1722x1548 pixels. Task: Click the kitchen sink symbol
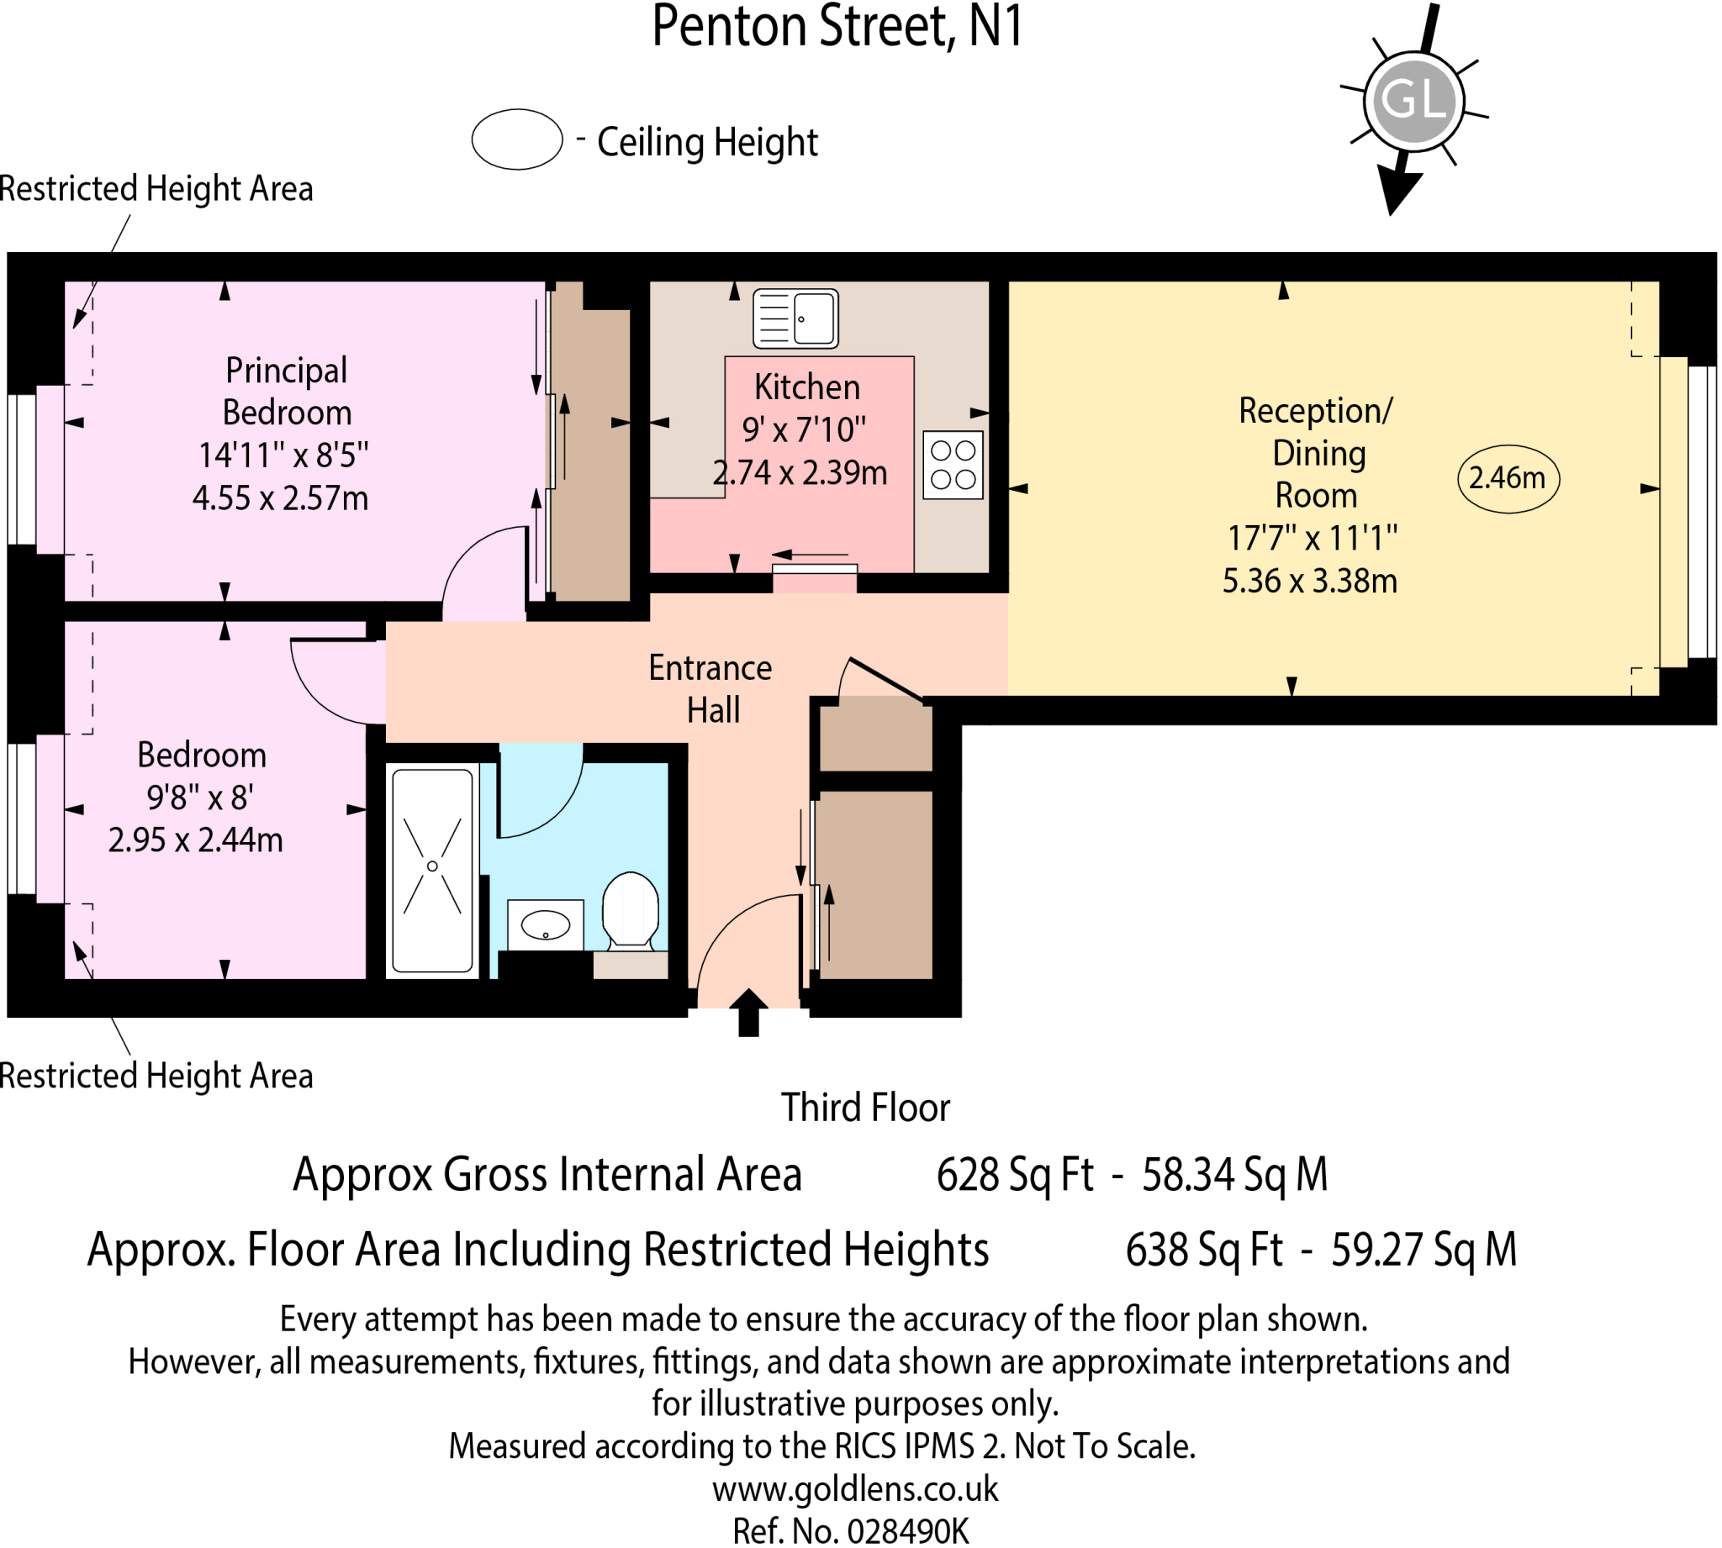tap(795, 319)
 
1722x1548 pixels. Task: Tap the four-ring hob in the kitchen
tap(952, 465)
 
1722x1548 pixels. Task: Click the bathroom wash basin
tap(546, 925)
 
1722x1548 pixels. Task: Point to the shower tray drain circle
tap(432, 866)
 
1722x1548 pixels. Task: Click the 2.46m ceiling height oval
tap(1508, 479)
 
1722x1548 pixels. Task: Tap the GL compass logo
tap(1413, 100)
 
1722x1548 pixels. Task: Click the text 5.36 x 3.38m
tap(1309, 581)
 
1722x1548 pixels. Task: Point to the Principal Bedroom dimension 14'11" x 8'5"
tap(283, 455)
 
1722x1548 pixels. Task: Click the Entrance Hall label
tap(710, 688)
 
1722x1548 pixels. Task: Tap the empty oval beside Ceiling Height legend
tap(517, 140)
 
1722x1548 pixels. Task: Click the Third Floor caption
tap(865, 1108)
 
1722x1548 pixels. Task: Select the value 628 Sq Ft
tap(1014, 1176)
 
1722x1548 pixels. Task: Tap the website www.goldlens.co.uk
tap(855, 1489)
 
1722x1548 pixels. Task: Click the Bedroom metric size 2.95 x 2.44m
tap(195, 840)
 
